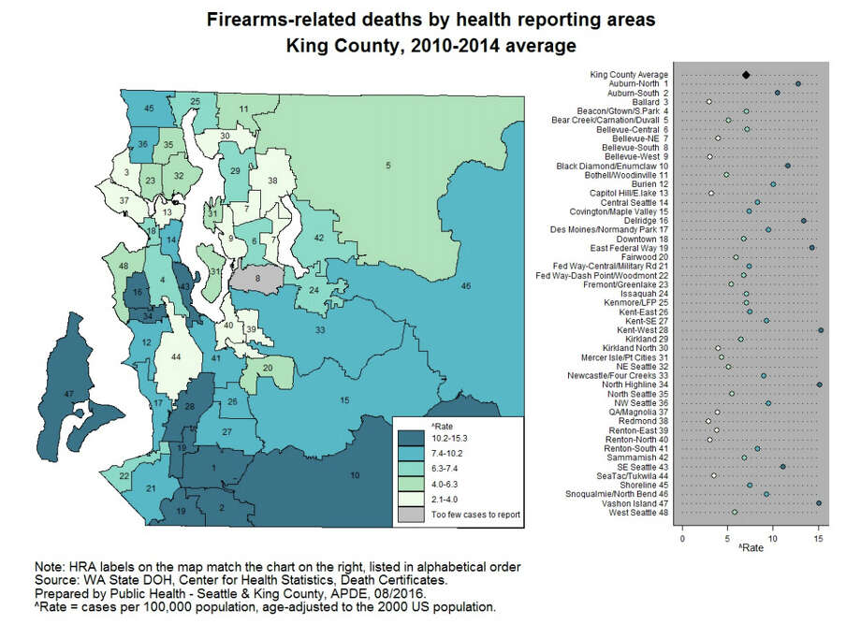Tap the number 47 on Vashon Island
tap(68, 394)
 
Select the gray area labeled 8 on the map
tap(257, 278)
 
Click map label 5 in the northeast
tap(387, 166)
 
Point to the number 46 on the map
tap(466, 284)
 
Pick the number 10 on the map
tap(355, 476)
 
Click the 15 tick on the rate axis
tap(818, 541)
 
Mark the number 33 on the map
tap(320, 330)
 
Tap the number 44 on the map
tap(175, 357)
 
